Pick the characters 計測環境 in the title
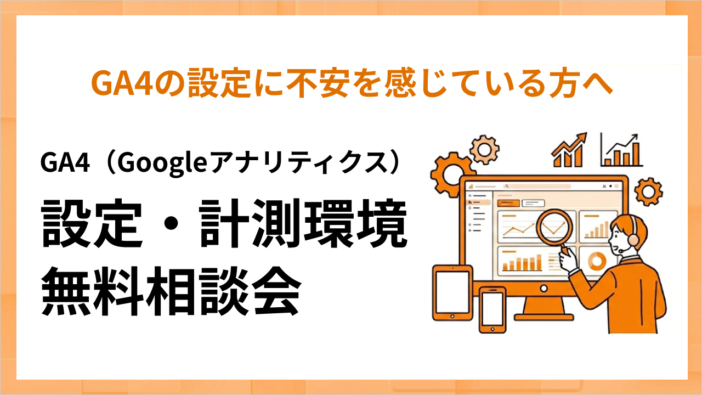coord(303,224)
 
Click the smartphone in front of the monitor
coord(492,309)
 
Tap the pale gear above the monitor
coord(484,148)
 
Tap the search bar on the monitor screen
coord(537,187)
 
